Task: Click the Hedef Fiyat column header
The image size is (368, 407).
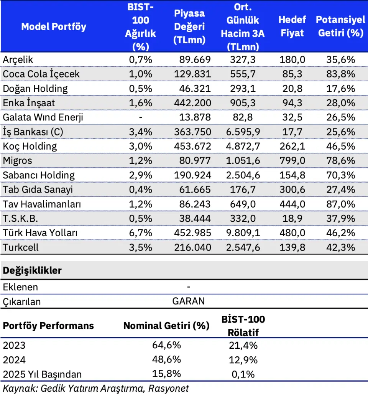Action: (292, 26)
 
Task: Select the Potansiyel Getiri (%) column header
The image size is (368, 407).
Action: (340, 26)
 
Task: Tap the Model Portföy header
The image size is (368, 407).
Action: (54, 26)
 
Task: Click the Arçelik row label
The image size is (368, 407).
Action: (18, 60)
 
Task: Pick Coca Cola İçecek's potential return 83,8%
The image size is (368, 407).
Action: (340, 74)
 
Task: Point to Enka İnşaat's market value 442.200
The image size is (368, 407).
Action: (192, 103)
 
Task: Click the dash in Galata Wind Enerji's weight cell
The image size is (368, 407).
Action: (141, 117)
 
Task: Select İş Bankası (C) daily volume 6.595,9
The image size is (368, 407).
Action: (243, 132)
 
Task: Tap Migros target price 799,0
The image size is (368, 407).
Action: (292, 160)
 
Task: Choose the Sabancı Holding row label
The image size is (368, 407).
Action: (39, 175)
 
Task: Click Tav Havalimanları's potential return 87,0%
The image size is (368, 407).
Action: (340, 204)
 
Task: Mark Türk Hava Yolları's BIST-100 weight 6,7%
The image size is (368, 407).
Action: (141, 233)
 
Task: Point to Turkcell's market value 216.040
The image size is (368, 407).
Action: (192, 247)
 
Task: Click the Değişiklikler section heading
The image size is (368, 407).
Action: (32, 270)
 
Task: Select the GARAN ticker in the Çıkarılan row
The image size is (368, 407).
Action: (189, 301)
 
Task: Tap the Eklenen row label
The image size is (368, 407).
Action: (20, 287)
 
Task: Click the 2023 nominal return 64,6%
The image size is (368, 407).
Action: (166, 345)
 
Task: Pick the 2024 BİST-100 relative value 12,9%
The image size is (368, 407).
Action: (243, 360)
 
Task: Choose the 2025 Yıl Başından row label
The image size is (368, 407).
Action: (42, 374)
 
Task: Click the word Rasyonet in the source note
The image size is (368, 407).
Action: (169, 388)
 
